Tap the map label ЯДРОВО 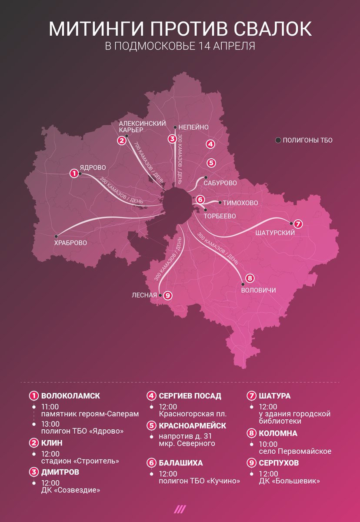(x=93, y=167)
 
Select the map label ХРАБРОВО (x=70, y=243)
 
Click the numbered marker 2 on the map (x=121, y=140)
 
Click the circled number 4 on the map (x=210, y=144)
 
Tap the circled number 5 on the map (x=211, y=163)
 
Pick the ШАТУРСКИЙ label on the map (x=277, y=233)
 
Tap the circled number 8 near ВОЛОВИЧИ (x=249, y=278)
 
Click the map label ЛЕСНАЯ (x=144, y=295)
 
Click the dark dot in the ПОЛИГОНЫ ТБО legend (x=278, y=140)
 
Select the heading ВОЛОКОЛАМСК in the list (x=70, y=396)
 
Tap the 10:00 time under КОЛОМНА (x=268, y=444)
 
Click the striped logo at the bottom (x=180, y=509)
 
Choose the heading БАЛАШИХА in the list (x=181, y=463)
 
